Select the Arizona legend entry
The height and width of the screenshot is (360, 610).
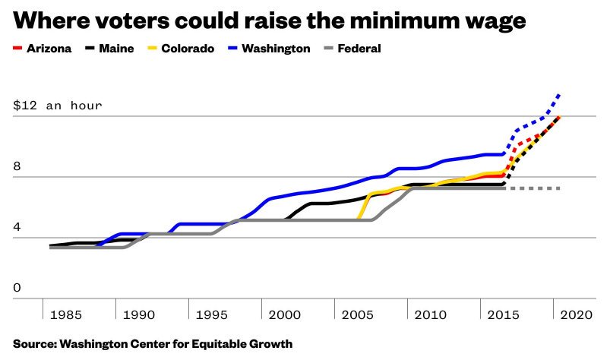(43, 49)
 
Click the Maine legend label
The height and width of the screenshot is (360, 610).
(115, 49)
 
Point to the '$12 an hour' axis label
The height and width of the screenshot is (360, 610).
(57, 106)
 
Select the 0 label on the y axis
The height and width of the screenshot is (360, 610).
(17, 288)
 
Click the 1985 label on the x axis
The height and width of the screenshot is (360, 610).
(62, 314)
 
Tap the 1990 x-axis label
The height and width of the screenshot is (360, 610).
(135, 314)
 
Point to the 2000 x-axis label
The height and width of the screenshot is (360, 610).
(282, 314)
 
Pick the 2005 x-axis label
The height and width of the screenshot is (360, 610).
(355, 314)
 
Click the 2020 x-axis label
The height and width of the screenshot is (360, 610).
(575, 314)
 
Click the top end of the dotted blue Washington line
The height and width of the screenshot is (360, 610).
(560, 94)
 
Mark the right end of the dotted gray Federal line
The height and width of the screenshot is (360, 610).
(559, 188)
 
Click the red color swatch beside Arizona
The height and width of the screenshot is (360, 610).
(17, 49)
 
